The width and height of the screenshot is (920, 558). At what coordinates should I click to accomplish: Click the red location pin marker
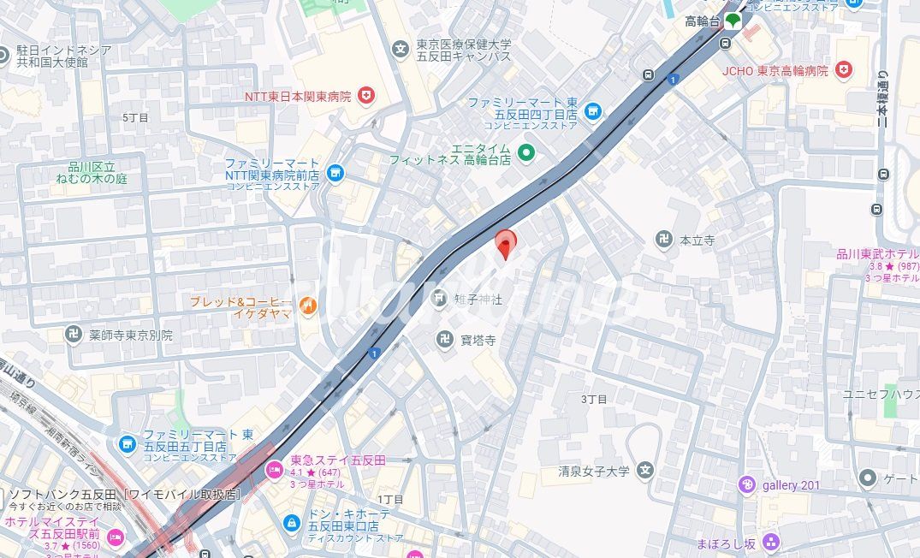(506, 242)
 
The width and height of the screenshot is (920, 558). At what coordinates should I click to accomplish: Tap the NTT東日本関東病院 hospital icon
(366, 95)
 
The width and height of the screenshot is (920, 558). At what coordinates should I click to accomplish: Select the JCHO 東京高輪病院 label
(775, 71)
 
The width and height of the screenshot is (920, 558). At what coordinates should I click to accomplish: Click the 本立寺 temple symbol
(664, 240)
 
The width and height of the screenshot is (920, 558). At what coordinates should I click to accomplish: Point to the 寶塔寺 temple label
(478, 340)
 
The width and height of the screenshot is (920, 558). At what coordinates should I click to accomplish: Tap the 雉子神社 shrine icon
(439, 298)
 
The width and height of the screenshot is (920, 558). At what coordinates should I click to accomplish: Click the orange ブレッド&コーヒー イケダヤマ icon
(308, 305)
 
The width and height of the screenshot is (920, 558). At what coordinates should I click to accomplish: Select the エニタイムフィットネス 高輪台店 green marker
(526, 153)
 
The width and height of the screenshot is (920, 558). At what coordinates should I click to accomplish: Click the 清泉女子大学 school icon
(645, 470)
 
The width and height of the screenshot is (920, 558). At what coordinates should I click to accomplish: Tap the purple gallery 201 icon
(747, 485)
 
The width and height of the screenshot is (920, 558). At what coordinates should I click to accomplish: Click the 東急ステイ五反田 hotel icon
(274, 468)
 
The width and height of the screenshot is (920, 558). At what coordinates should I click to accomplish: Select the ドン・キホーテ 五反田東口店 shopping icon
(293, 521)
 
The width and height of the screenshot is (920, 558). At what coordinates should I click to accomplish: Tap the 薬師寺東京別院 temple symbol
(74, 335)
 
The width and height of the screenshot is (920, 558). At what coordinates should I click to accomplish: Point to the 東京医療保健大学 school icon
(400, 50)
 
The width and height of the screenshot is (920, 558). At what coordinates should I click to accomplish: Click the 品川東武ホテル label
(877, 254)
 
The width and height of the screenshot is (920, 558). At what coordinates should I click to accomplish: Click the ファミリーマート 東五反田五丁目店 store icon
(128, 443)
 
